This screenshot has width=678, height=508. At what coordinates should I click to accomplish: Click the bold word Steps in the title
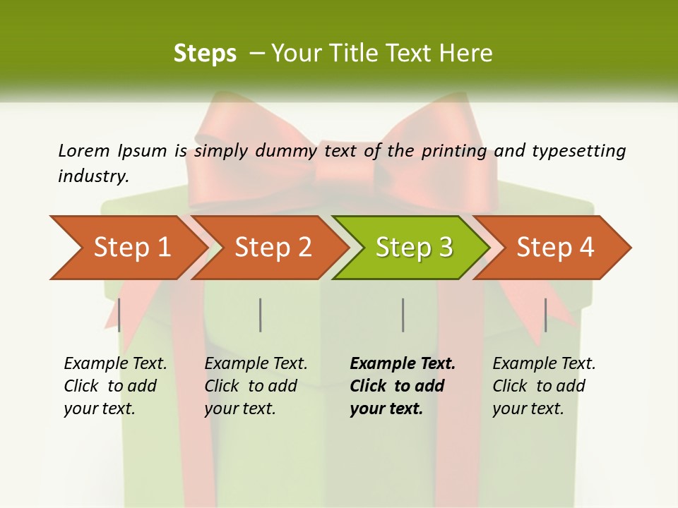(205, 53)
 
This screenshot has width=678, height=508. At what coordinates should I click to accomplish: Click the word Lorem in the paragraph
(83, 150)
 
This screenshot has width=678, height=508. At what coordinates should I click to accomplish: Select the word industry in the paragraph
(93, 176)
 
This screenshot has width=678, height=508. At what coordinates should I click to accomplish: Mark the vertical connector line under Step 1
(119, 315)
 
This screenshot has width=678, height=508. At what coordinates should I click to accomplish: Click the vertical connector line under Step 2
(261, 315)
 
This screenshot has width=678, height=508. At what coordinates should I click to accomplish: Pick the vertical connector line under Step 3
(403, 315)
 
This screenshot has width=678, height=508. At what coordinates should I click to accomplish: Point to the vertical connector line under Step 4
(545, 315)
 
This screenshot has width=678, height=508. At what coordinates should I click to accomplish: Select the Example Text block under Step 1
(115, 386)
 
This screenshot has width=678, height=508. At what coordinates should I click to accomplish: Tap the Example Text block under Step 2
(256, 386)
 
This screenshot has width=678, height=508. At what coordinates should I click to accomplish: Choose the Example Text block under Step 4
(544, 386)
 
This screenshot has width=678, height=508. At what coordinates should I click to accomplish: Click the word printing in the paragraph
(454, 150)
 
